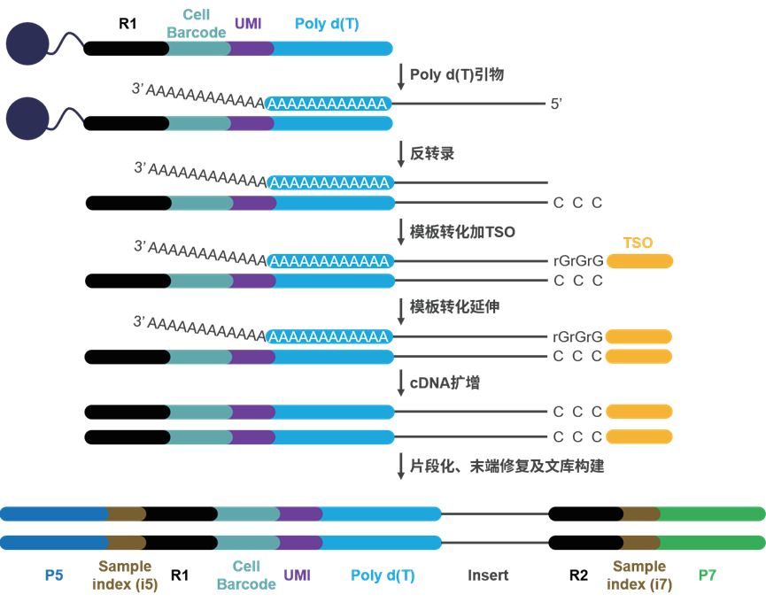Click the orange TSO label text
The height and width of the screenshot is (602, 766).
[638, 243]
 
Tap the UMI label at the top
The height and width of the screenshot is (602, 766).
[248, 24]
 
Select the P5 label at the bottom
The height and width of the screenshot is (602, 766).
[54, 575]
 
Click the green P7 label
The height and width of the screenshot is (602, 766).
[707, 575]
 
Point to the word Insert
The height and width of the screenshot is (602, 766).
[488, 575]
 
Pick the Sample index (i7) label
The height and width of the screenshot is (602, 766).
[639, 575]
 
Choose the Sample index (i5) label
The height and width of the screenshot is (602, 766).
[125, 575]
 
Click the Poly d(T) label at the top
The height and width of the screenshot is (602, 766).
[328, 24]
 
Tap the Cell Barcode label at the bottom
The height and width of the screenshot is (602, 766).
[246, 575]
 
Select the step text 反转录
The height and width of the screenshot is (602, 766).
[432, 153]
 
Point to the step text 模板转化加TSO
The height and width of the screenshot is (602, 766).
[462, 232]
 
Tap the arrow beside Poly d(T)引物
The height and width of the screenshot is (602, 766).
[400, 76]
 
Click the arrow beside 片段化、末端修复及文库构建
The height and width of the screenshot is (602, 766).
[400, 467]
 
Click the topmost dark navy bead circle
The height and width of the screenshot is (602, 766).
[27, 42]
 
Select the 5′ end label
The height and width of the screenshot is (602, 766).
[556, 104]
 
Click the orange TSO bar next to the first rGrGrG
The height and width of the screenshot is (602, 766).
[639, 261]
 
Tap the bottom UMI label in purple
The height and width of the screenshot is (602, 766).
[298, 575]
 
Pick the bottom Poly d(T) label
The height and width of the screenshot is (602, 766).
[383, 575]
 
